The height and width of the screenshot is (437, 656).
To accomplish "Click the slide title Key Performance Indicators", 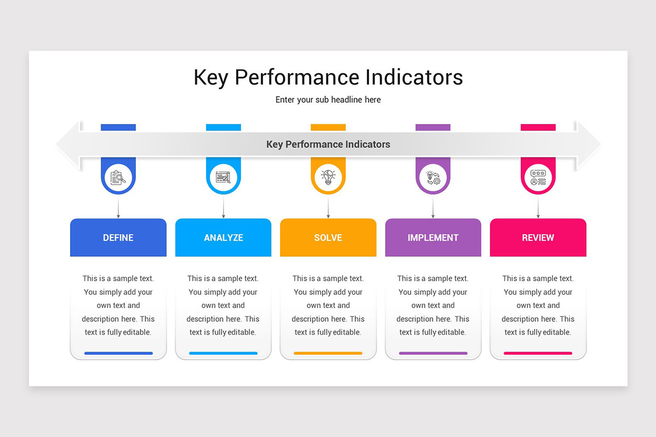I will click(x=328, y=77).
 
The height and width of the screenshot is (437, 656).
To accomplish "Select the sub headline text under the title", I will click(x=328, y=100).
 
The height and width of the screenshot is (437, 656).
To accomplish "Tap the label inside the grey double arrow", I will click(x=328, y=145).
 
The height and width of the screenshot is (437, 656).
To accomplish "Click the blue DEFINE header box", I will click(x=118, y=238).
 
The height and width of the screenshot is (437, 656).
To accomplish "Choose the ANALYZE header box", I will click(x=223, y=238).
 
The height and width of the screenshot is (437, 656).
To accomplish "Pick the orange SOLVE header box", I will click(x=328, y=238).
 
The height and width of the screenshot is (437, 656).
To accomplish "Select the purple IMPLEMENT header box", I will click(x=433, y=238).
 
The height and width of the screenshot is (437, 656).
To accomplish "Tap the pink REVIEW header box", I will click(x=538, y=238).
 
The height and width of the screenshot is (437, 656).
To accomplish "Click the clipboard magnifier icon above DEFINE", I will click(x=118, y=178).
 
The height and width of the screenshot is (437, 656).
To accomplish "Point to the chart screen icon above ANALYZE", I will click(x=223, y=178).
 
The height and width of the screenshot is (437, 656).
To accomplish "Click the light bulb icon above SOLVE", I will click(x=328, y=178).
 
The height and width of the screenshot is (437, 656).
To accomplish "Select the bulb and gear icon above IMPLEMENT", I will click(x=433, y=178).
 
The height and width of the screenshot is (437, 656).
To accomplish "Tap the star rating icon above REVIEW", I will click(x=538, y=178).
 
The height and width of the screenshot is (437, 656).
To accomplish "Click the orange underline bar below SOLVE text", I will click(x=328, y=353).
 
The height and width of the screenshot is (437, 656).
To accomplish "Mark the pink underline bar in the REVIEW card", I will click(x=538, y=353).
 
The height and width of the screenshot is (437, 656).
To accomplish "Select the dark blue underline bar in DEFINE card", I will click(x=118, y=353).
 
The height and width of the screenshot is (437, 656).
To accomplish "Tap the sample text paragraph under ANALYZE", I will click(x=223, y=305).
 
